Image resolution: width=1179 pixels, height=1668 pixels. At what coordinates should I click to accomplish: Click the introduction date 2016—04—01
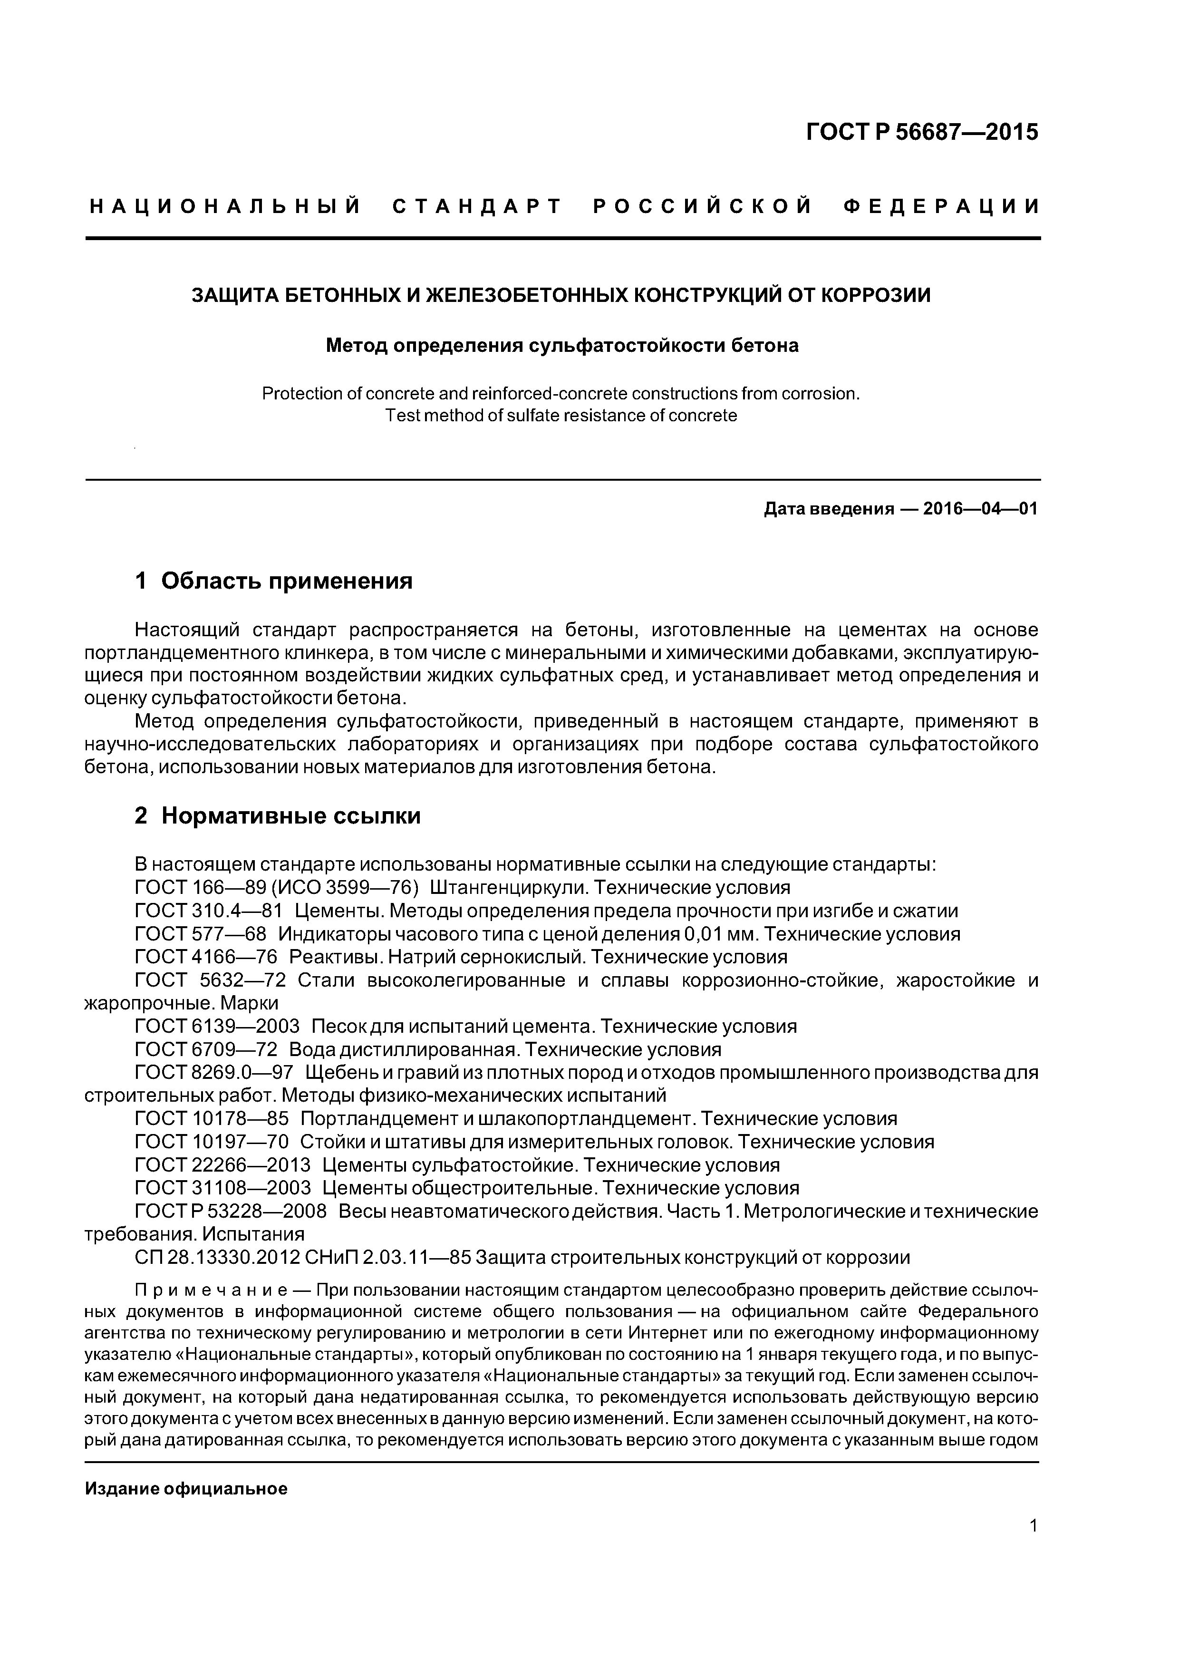[980, 509]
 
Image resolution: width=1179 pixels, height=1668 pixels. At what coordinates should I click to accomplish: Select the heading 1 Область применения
[274, 581]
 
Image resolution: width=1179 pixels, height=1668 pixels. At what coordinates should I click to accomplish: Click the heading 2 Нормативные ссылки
[278, 816]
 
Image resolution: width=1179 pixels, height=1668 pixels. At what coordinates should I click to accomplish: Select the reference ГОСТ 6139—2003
[217, 1027]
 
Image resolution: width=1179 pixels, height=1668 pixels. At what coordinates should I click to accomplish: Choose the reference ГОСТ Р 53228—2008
[230, 1212]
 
